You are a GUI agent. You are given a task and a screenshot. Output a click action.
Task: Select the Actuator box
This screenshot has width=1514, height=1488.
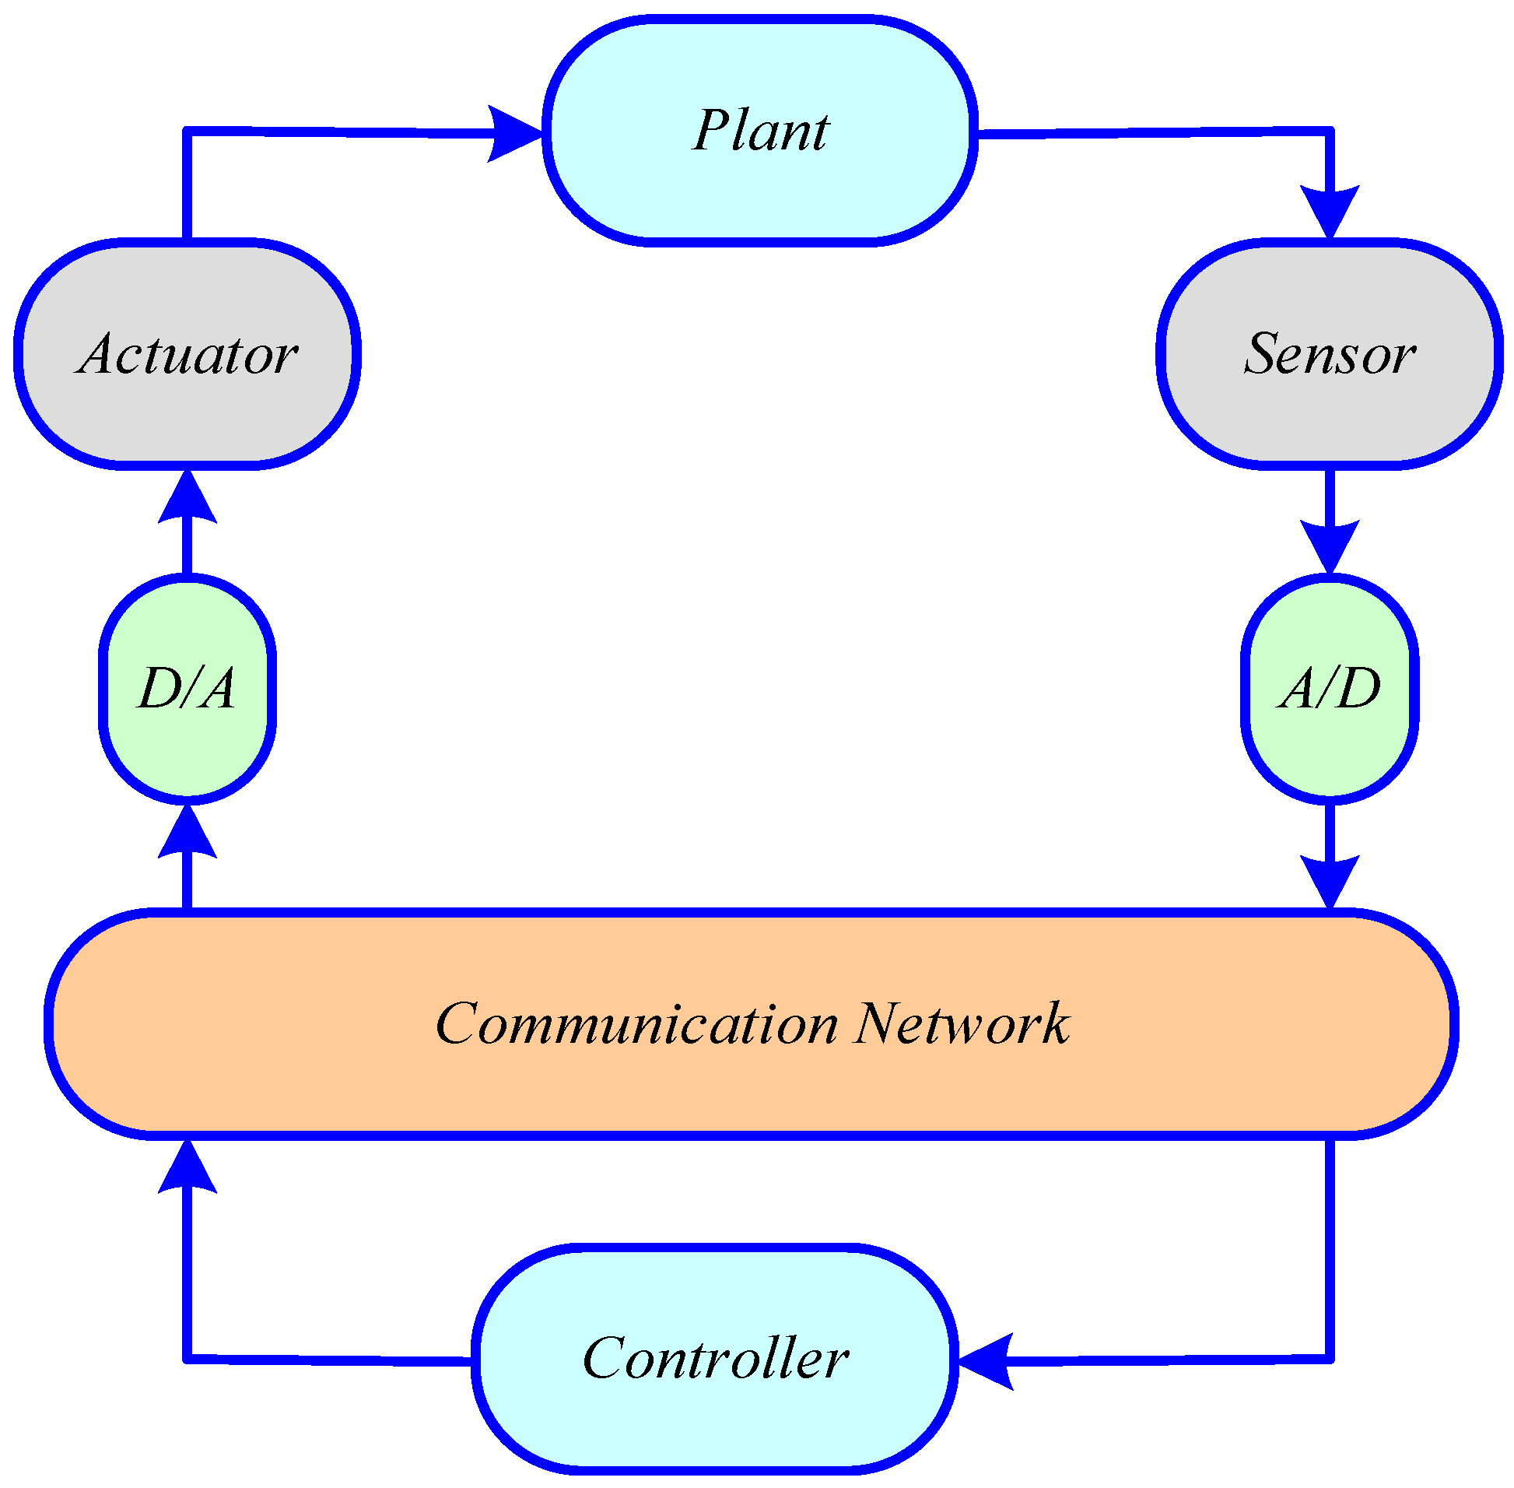point(187,354)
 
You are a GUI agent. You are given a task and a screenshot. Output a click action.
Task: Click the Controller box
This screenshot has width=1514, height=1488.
point(715,1358)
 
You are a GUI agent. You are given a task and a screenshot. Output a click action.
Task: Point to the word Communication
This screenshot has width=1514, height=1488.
point(636,1024)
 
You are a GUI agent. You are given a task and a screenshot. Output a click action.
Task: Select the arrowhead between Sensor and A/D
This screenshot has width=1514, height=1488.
point(1329,545)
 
